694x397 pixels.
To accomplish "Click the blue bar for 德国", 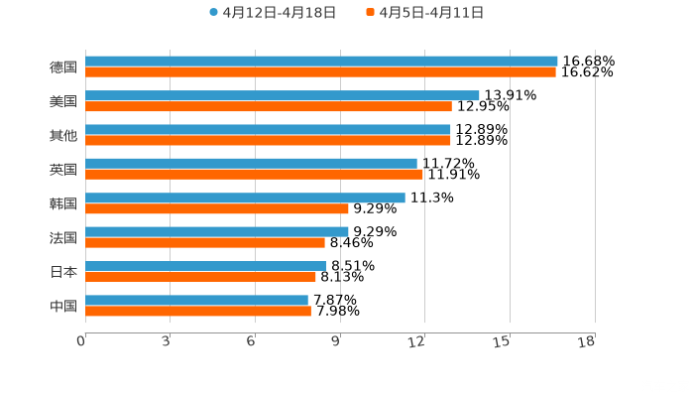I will pos(321,62).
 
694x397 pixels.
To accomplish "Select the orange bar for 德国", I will pos(320,72).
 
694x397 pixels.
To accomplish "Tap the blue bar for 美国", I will pos(283,95).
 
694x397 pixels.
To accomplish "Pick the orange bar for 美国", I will pos(269,106).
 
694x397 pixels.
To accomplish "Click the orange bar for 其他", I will pos(268,140).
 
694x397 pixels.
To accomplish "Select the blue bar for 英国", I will pos(251,164).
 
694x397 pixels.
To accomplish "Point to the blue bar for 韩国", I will pos(245,198).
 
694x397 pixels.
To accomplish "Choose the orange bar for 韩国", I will pos(217,208).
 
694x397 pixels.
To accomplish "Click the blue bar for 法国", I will pos(217,231).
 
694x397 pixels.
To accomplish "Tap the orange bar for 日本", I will pos(200,277).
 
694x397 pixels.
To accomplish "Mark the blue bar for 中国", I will pos(196,300).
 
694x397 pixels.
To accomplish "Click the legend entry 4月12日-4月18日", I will pos(273,13).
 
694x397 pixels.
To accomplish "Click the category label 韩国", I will pos(63,203).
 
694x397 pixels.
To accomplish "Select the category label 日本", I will pos(63,271).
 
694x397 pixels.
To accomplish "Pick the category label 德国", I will pos(63,67).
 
